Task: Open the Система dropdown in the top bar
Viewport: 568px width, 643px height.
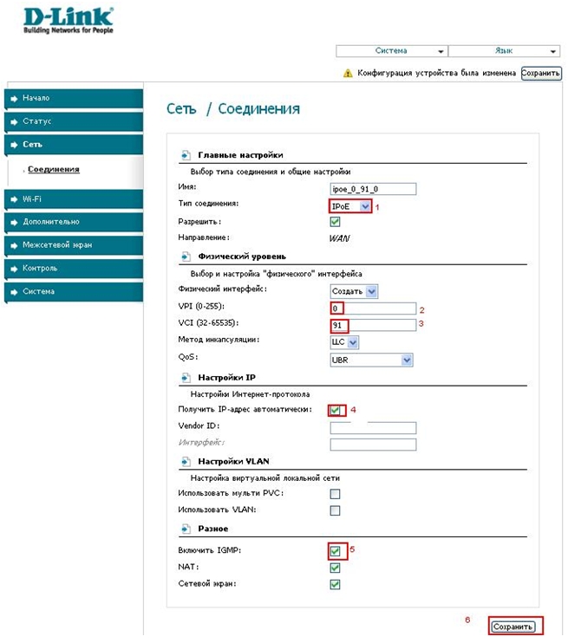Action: (x=391, y=51)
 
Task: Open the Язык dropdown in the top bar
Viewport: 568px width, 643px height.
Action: (x=504, y=51)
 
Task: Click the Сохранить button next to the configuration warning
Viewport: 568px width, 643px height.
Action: (x=541, y=74)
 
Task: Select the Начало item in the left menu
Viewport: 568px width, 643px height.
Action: (x=69, y=98)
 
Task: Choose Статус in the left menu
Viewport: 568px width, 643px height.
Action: (x=69, y=121)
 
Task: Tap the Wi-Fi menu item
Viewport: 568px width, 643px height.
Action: (x=69, y=199)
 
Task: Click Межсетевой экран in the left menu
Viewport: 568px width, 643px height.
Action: (x=69, y=245)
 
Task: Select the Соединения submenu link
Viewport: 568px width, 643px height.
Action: (x=54, y=169)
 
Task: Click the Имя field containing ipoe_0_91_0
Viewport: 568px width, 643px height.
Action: (x=373, y=189)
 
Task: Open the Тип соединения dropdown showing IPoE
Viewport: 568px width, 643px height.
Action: (x=351, y=206)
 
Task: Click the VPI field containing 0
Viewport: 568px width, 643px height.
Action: (x=373, y=309)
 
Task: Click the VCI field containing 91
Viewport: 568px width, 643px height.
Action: (x=373, y=325)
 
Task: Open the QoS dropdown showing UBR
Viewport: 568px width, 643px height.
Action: (x=371, y=359)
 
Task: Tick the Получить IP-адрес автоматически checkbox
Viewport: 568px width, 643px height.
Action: (x=335, y=410)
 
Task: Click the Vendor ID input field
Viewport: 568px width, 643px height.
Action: (x=373, y=428)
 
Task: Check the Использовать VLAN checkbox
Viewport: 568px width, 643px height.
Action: (x=335, y=510)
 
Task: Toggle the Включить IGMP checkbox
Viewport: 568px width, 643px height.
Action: (x=335, y=551)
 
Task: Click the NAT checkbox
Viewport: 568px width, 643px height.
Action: (x=335, y=568)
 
